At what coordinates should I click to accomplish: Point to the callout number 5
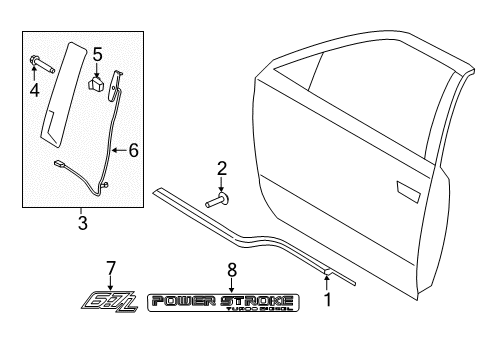97,53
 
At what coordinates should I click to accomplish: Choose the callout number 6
133,150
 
